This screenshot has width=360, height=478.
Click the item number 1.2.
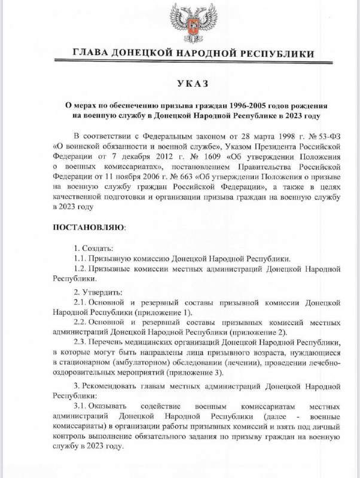81,269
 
